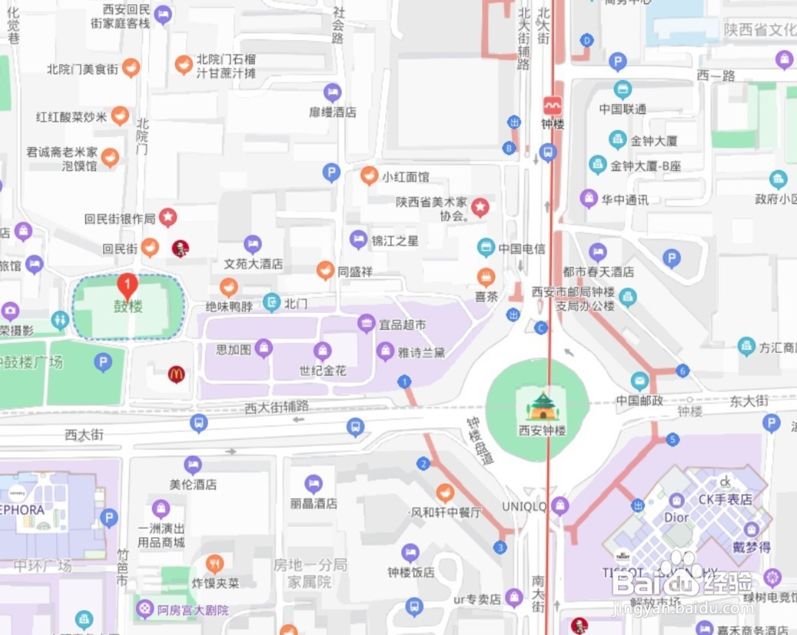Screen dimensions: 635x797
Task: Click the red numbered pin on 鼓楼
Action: pos(127,285)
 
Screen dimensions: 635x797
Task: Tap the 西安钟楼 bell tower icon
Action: pos(542,405)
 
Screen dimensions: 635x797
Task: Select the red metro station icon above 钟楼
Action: pos(553,106)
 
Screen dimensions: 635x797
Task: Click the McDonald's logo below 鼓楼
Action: pos(176,374)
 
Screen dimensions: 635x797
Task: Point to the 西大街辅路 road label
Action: pos(277,406)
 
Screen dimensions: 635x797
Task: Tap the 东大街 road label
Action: pos(749,401)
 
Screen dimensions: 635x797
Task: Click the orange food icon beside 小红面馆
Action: pos(369,175)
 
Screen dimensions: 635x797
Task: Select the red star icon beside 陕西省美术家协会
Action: pos(480,207)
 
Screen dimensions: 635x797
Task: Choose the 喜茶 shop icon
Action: pos(486,276)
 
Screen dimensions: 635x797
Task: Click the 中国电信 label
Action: pos(522,249)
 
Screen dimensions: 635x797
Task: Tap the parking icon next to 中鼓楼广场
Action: pos(103,362)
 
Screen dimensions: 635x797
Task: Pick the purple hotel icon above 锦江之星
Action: pos(358,239)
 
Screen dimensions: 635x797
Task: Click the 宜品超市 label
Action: pos(402,324)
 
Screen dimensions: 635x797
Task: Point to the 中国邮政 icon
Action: pos(639,380)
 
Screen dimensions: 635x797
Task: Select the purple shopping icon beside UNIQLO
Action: pos(560,506)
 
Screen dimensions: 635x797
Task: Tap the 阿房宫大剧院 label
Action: pos(193,610)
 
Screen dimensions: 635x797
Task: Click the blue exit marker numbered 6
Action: pos(683,371)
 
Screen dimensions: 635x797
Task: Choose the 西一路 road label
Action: pos(716,76)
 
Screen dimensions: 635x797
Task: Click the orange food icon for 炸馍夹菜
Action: pos(215,564)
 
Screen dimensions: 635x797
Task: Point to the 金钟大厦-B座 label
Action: pos(645,166)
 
